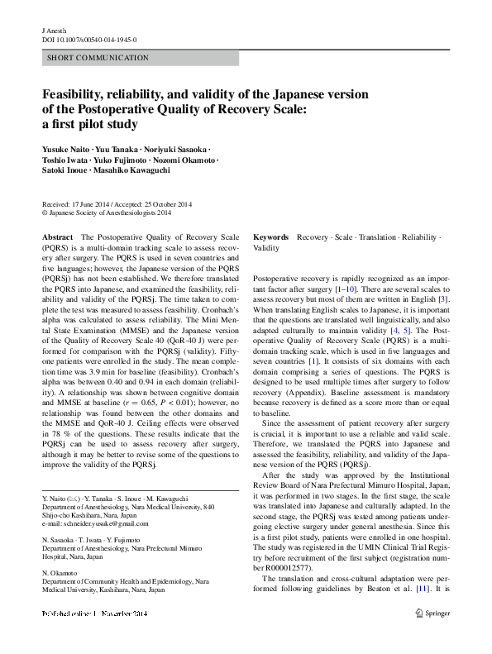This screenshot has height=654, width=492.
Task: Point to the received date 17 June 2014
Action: point(88,203)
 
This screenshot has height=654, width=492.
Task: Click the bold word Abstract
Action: point(57,236)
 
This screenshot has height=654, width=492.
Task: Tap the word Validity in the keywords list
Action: point(266,247)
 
